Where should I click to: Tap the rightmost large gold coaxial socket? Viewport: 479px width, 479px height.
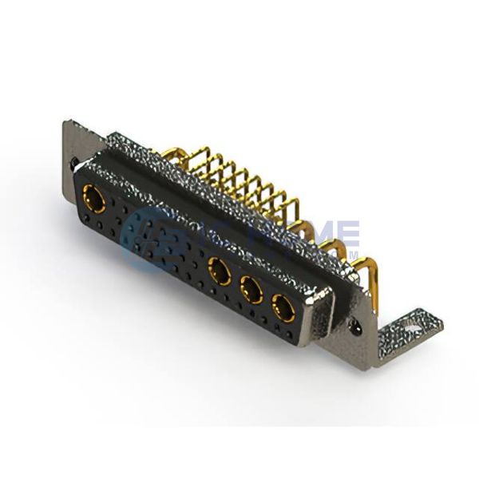281,305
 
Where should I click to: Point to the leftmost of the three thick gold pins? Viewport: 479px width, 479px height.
307,232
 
